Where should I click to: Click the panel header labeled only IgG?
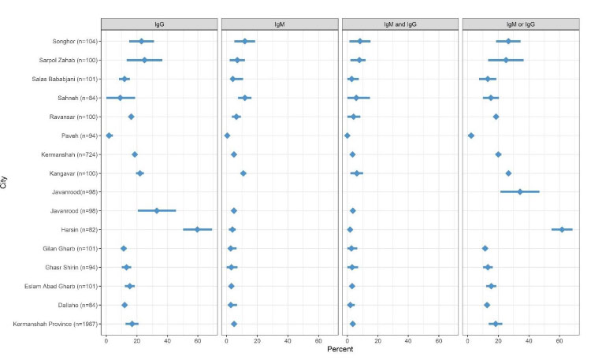(160, 24)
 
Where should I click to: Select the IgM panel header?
(280, 24)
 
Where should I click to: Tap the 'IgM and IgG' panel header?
(399, 24)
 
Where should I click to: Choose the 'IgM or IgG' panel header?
(519, 24)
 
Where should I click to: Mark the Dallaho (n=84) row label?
(76, 305)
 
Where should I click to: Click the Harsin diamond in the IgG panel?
(197, 229)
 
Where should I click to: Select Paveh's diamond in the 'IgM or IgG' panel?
(470, 135)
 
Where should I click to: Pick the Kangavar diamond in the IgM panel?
(243, 173)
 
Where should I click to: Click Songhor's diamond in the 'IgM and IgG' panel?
(360, 41)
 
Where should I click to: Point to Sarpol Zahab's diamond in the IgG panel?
(144, 60)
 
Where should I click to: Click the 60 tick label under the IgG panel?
(198, 339)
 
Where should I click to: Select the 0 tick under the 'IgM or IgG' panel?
(467, 339)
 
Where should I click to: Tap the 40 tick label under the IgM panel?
(288, 339)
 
